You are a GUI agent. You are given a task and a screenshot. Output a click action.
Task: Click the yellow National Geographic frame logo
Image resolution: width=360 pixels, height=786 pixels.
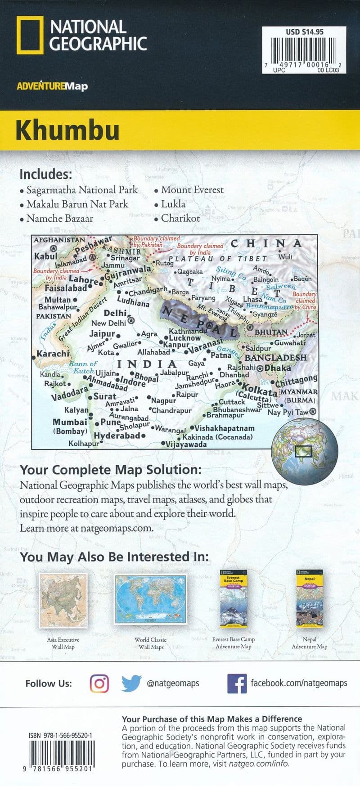tap(30, 35)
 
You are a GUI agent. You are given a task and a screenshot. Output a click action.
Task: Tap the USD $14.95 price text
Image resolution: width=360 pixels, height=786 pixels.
tap(304, 32)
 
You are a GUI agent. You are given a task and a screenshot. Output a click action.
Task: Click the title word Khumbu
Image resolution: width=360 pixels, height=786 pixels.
tap(67, 130)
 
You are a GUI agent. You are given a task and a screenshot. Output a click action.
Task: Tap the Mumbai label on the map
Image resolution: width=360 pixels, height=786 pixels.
tap(70, 422)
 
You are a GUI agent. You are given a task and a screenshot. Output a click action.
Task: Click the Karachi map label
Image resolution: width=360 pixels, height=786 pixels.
tap(53, 354)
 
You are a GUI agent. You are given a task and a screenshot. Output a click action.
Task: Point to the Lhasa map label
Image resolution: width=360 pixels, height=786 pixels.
tap(252, 299)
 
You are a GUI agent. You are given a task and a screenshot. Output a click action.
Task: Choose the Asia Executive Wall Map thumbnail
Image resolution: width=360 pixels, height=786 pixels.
tap(63, 601)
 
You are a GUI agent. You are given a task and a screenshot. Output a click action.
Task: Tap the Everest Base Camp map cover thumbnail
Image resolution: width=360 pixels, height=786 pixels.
tap(234, 599)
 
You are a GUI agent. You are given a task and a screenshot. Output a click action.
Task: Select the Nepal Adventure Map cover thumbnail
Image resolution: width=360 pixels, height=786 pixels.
tap(310, 598)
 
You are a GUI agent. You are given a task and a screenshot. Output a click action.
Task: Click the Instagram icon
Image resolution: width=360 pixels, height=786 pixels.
tap(99, 683)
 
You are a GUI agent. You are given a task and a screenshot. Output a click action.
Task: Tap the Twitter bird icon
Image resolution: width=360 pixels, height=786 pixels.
tap(131, 683)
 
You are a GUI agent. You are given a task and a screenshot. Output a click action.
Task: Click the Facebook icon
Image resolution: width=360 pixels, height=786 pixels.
tap(237, 683)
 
